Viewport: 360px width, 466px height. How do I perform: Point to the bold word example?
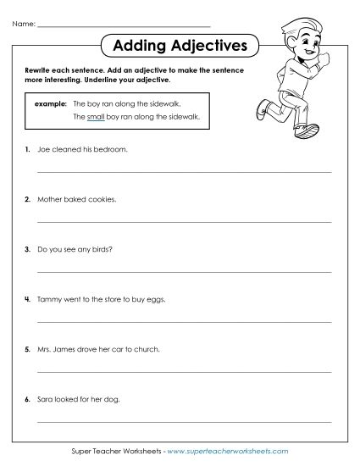[50, 103]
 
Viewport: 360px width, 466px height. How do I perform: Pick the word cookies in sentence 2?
[101, 199]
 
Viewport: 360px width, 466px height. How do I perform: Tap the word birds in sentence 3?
[101, 249]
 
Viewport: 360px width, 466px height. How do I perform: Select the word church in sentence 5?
[146, 349]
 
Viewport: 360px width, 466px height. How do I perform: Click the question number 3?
[27, 249]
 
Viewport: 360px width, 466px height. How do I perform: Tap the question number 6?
[27, 398]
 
